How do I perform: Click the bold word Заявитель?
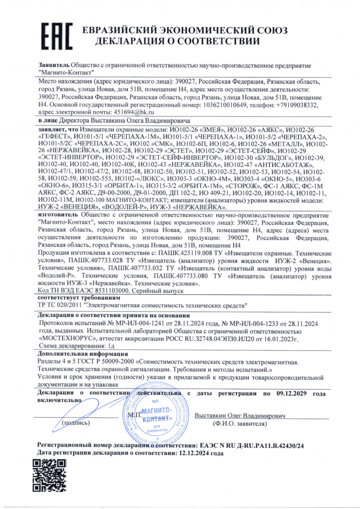pyautogui.click(x=54, y=66)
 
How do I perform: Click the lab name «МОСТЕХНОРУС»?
pyautogui.click(x=66, y=338)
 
